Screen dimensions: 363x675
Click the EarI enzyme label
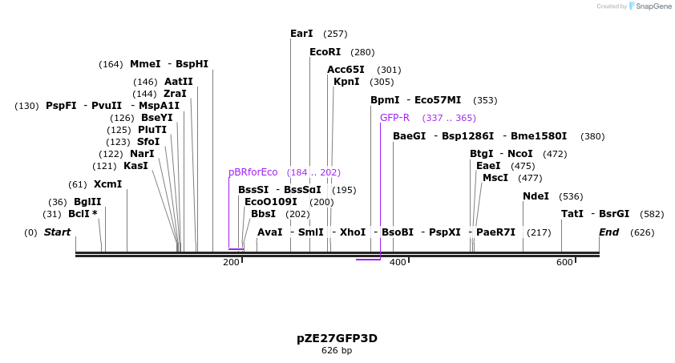(301, 34)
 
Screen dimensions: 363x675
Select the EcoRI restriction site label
(325, 52)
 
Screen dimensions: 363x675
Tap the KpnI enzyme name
(346, 82)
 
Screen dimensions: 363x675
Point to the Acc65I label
(346, 70)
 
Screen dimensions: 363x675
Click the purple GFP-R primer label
(394, 118)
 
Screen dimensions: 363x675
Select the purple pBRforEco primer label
(253, 172)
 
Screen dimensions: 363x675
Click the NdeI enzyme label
(536, 196)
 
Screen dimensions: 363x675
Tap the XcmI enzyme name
(107, 184)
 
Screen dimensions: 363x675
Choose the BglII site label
(87, 202)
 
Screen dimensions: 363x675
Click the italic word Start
(57, 232)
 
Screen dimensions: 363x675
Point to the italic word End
(609, 232)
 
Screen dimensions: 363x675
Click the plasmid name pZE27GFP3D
(337, 338)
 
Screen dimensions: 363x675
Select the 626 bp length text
(337, 351)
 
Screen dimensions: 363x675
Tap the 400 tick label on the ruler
(398, 263)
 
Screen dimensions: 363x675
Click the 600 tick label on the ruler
(564, 263)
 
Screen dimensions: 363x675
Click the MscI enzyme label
(495, 178)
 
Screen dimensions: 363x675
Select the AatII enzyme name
(178, 82)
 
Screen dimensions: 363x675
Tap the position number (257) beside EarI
(335, 34)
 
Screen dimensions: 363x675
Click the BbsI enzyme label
(263, 214)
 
